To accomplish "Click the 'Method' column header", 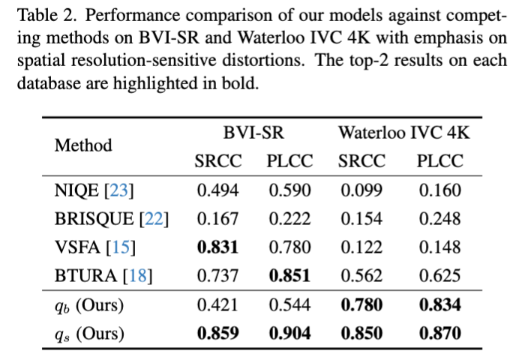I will point(83,145).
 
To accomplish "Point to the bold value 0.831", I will point(217,247).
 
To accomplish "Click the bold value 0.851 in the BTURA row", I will point(289,276).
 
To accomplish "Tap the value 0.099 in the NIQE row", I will point(361,190).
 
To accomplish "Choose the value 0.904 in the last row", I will point(289,333).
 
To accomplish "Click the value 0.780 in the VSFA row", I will point(289,247).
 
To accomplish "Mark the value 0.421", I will point(217,305).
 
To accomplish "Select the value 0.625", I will point(440,276).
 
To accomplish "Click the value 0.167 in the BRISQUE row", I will point(217,219).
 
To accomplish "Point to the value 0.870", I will point(440,333).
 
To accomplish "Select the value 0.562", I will point(361,276).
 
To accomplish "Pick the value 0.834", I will point(440,305).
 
